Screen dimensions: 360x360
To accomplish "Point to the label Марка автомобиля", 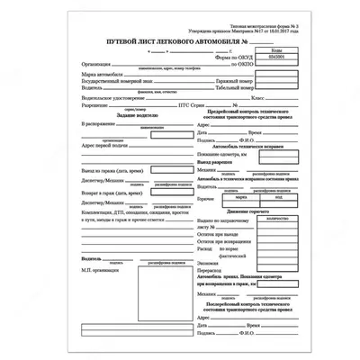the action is (x=103, y=78).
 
